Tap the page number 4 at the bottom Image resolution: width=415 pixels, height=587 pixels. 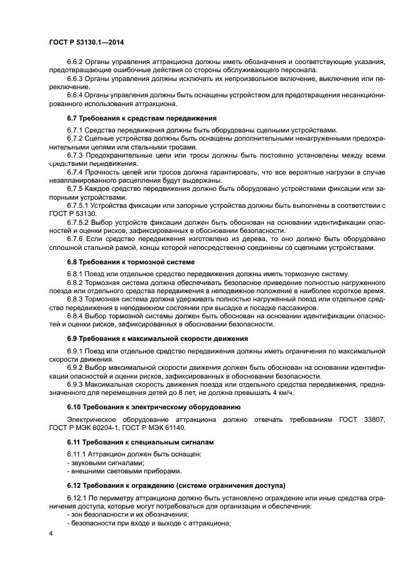point(50,533)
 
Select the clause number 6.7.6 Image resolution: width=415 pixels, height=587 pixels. point(75,239)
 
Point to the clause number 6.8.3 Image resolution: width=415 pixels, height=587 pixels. point(75,299)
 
